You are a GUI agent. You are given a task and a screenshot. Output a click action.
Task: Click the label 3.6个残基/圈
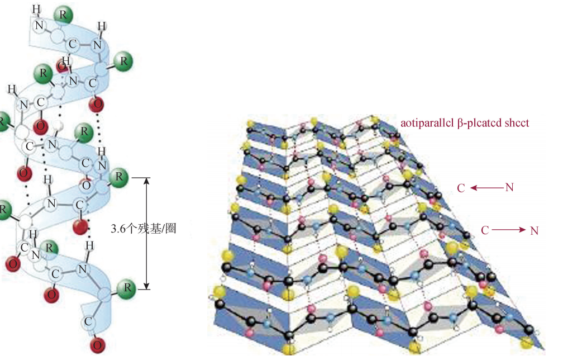[x=144, y=228]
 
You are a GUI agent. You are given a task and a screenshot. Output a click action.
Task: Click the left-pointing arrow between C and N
[x=485, y=188]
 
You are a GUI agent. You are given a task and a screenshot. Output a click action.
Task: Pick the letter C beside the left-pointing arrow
[x=461, y=188]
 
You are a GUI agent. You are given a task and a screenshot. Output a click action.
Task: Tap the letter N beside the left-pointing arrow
[x=509, y=188]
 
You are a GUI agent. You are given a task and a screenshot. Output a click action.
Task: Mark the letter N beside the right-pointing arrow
[x=534, y=230]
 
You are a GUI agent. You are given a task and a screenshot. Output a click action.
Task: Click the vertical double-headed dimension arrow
[x=146, y=233]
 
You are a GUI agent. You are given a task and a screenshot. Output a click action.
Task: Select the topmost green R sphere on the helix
[x=64, y=15]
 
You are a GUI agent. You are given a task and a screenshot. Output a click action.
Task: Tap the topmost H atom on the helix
[x=36, y=8]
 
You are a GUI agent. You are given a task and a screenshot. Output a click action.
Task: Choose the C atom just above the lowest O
[x=88, y=321]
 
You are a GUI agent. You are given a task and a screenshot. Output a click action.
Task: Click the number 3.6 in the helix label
[x=118, y=228]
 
